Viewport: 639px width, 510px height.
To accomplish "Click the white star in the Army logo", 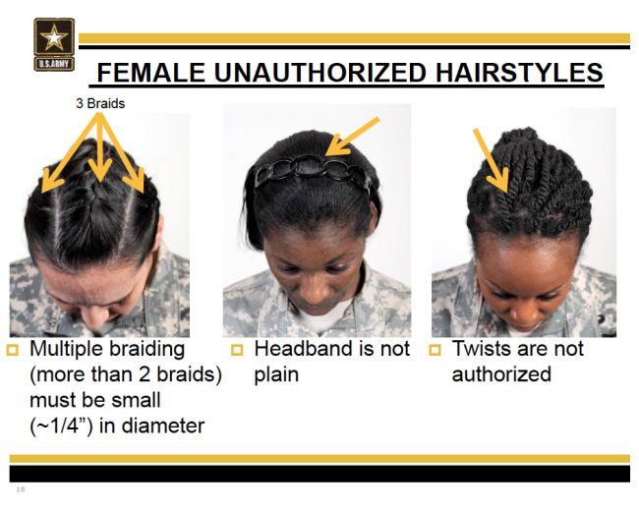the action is click(x=54, y=37).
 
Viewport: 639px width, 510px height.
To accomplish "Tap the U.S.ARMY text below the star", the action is click(x=54, y=64).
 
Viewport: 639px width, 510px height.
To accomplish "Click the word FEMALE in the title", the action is click(x=150, y=73).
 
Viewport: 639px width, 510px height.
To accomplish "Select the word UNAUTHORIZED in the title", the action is click(x=320, y=73).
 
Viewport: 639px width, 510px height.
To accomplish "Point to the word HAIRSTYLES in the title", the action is click(x=519, y=73).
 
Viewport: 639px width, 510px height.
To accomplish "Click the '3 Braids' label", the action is click(x=100, y=103).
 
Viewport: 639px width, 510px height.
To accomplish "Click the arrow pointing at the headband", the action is click(x=353, y=137).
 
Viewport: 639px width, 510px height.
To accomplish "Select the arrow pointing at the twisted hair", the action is click(x=491, y=160).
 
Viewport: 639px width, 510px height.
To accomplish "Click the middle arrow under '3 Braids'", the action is click(x=100, y=147).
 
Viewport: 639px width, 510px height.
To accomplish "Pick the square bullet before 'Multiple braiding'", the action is click(x=13, y=350).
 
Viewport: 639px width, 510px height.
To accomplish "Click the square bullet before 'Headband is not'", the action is click(x=237, y=350).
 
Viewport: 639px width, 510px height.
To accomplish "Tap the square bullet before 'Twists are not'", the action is click(x=436, y=350).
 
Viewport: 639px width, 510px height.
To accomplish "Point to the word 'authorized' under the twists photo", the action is click(x=501, y=374).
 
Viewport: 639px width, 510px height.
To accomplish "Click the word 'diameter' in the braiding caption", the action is click(x=163, y=425).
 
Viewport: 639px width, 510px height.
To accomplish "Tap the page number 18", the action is click(x=21, y=489).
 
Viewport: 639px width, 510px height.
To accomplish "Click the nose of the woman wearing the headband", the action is click(x=315, y=290).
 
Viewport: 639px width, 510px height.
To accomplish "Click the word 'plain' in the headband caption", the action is click(x=276, y=375).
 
